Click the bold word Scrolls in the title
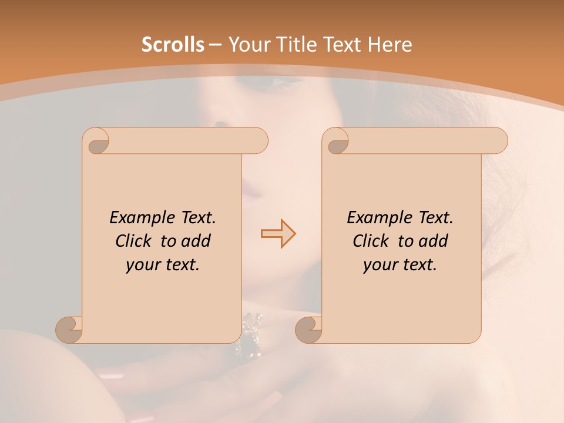pyautogui.click(x=173, y=45)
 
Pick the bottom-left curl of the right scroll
pyautogui.click(x=308, y=329)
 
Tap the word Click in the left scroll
pyautogui.click(x=135, y=241)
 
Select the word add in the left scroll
pyautogui.click(x=197, y=241)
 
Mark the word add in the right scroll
pyautogui.click(x=434, y=241)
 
